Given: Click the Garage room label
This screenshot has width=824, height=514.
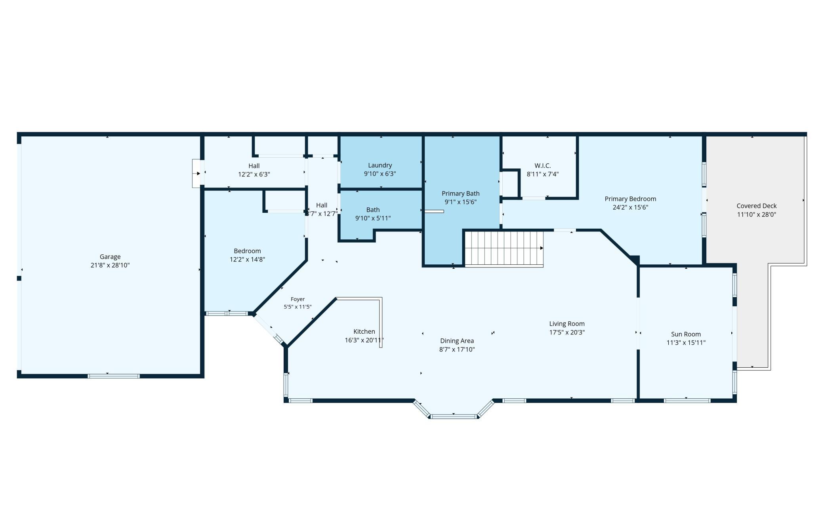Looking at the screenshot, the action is point(110,257).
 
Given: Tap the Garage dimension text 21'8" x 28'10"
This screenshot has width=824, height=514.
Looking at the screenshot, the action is point(110,266).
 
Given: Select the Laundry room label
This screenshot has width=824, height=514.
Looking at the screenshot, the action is point(380,166).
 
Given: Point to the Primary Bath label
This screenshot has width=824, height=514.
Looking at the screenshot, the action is point(461,194).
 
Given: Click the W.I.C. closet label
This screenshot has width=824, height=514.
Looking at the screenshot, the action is point(543,166).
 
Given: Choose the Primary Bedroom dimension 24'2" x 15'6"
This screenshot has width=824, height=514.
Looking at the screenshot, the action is point(630,207).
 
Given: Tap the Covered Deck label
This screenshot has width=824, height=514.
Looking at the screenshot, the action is point(757,206).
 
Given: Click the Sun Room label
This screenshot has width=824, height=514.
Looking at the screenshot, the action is point(686,334).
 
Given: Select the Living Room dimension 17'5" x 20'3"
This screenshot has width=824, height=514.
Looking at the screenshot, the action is point(567,332).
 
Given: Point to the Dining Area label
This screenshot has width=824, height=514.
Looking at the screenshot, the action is point(457,341).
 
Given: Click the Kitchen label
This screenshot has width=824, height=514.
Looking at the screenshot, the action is point(364,332).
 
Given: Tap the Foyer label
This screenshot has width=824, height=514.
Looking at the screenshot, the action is point(298,300).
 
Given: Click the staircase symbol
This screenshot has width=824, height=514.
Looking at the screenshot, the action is point(504,249).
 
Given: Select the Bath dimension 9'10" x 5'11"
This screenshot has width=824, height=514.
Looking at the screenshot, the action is point(373,218).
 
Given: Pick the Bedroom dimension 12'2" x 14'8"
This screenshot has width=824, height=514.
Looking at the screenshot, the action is point(247,260).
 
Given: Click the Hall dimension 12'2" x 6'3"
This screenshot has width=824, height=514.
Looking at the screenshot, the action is point(254,174).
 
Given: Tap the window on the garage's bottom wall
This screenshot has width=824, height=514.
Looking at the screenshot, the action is point(114,376).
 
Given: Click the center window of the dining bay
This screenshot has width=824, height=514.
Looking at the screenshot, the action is point(454,417).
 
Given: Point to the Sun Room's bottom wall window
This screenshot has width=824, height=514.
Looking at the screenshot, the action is point(687,401).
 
